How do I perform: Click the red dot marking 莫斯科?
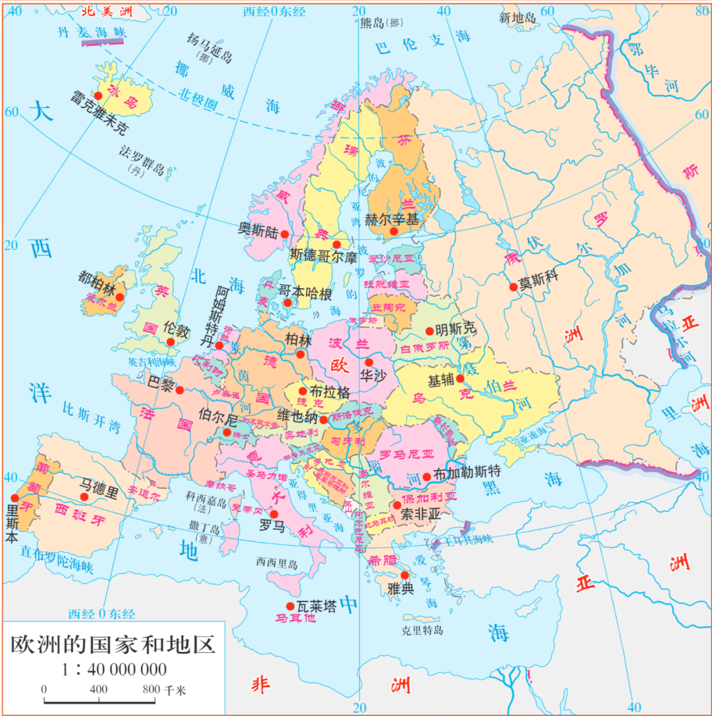click(x=514, y=286)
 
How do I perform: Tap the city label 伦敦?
click(x=176, y=328)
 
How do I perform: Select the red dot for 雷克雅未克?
click(x=98, y=96)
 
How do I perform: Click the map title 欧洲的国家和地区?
click(x=113, y=644)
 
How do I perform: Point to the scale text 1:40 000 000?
click(x=114, y=669)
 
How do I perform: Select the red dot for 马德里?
click(x=84, y=497)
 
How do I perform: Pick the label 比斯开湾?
click(x=92, y=417)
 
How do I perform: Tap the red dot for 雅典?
click(x=405, y=576)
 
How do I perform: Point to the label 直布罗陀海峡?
click(x=57, y=559)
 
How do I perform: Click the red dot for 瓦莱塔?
click(x=289, y=606)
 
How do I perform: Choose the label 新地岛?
click(x=518, y=18)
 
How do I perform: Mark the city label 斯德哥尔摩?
click(x=324, y=254)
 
